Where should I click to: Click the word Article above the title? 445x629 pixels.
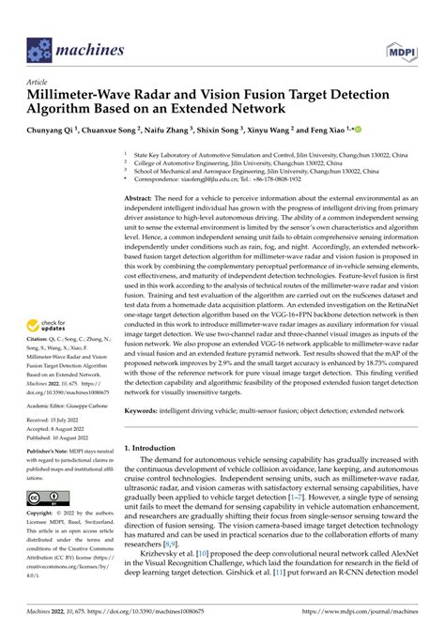tap(38, 82)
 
